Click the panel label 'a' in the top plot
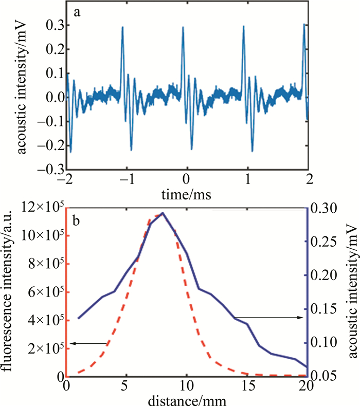click(77, 14)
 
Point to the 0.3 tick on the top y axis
click(53, 25)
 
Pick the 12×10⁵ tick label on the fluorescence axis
click(42, 208)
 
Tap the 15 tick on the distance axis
click(247, 385)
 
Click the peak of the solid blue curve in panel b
click(163, 213)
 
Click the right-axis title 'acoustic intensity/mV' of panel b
click(351, 292)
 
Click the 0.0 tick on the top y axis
click(53, 97)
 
